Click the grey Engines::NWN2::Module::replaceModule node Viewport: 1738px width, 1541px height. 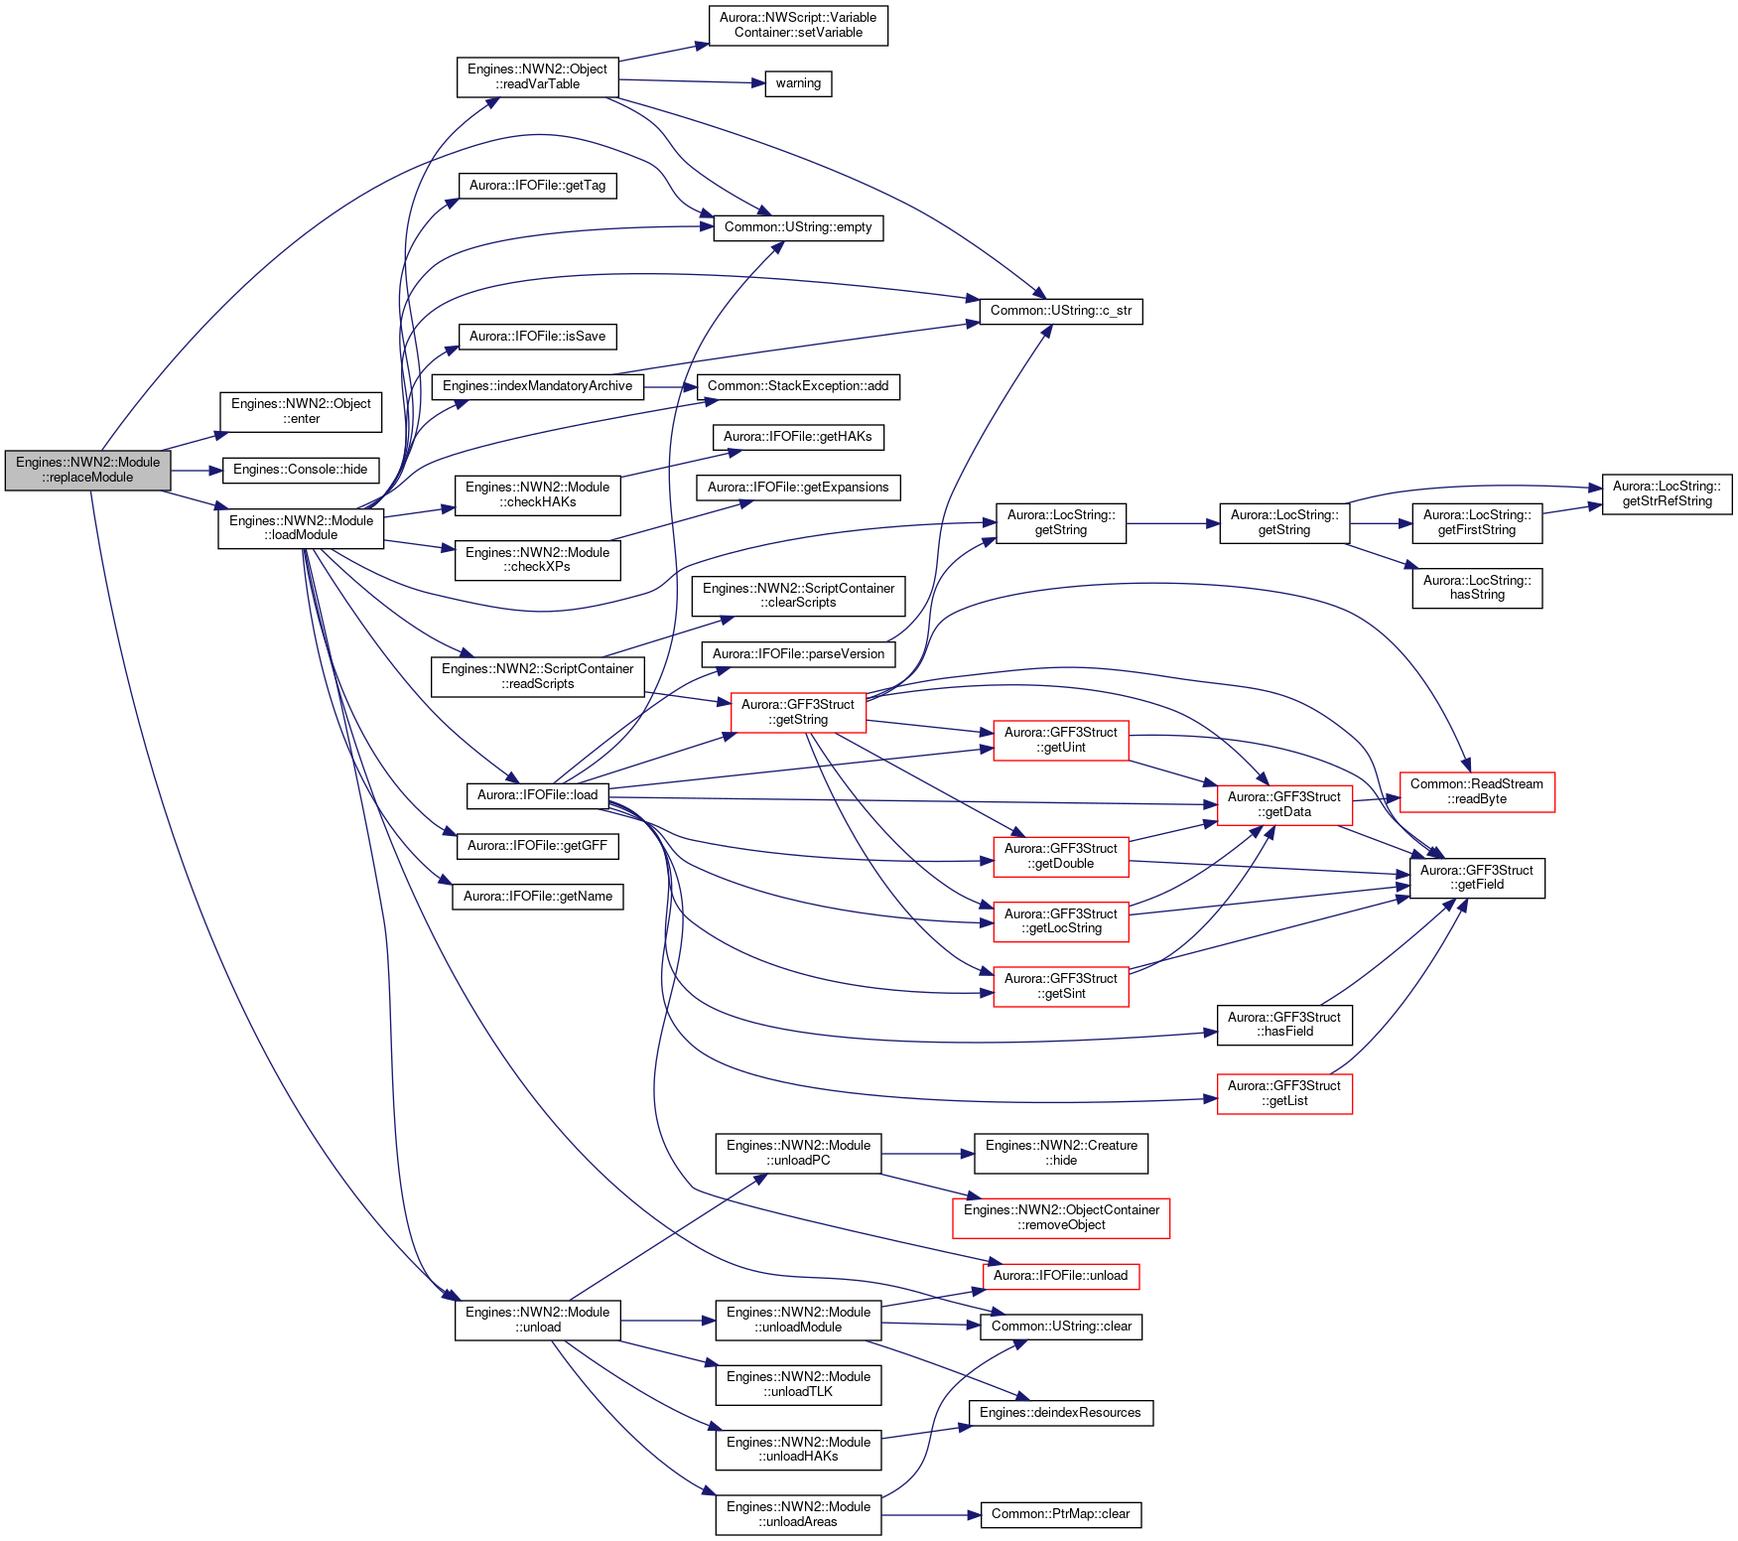pyautogui.click(x=87, y=470)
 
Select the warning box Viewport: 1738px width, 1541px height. pyautogui.click(x=798, y=83)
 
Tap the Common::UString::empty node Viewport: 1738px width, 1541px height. pyautogui.click(x=798, y=227)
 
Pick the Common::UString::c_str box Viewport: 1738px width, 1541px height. pyautogui.click(x=1061, y=311)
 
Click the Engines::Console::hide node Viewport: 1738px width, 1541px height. pyautogui.click(x=300, y=470)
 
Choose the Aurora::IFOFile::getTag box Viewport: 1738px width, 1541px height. pyautogui.click(x=537, y=186)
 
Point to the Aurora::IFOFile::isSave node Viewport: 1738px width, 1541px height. pyautogui.click(x=537, y=337)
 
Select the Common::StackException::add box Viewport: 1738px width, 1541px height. pyautogui.click(x=798, y=386)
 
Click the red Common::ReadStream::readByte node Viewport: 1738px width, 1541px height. pyautogui.click(x=1477, y=791)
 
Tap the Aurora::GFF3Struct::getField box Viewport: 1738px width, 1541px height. pyautogui.click(x=1477, y=878)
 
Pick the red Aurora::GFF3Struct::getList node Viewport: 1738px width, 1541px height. pyautogui.click(x=1284, y=1093)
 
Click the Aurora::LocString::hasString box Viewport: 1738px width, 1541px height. pyautogui.click(x=1477, y=588)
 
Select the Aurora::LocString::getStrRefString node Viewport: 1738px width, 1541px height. pyautogui.click(x=1667, y=494)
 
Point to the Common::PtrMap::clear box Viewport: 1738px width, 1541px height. pyautogui.click(x=1061, y=1514)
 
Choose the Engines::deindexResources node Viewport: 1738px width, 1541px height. pyautogui.click(x=1061, y=1413)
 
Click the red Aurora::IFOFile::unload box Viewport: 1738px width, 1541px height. pyautogui.click(x=1061, y=1276)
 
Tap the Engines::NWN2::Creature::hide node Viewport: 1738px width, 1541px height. pyautogui.click(x=1061, y=1154)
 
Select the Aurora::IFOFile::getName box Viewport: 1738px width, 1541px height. pyautogui.click(x=537, y=897)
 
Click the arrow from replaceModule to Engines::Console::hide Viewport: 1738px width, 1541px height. pyautogui.click(x=197, y=470)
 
